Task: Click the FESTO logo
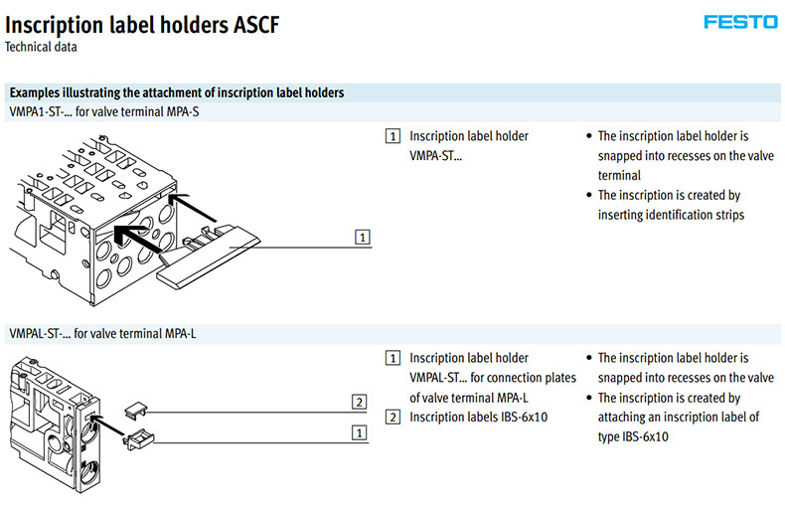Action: pyautogui.click(x=740, y=22)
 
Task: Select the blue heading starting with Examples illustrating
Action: pyautogui.click(x=177, y=92)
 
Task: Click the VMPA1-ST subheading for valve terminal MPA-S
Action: pyautogui.click(x=103, y=111)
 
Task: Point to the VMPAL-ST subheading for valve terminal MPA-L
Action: pyautogui.click(x=101, y=334)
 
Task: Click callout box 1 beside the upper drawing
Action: pyautogui.click(x=364, y=238)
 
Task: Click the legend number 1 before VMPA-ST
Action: pyautogui.click(x=393, y=136)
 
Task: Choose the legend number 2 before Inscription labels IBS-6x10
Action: pyautogui.click(x=393, y=417)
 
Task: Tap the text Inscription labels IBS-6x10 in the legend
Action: pyautogui.click(x=478, y=417)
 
